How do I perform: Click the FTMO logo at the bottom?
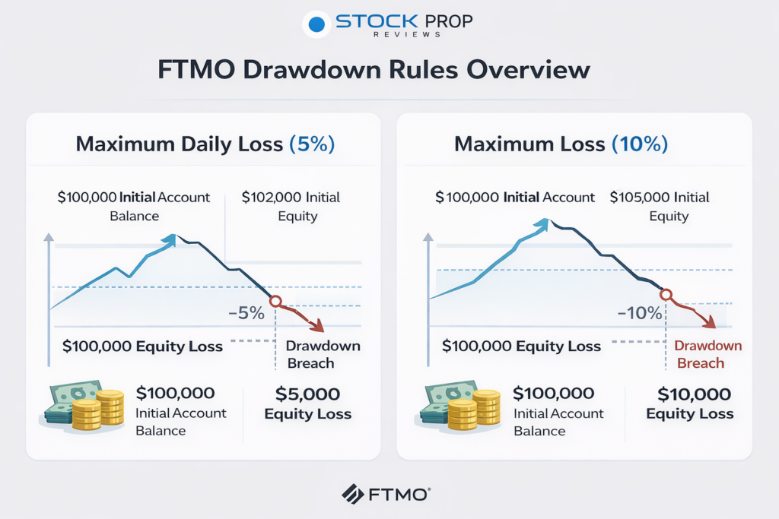386,494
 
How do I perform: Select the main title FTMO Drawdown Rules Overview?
374,70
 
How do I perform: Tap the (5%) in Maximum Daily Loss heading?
312,144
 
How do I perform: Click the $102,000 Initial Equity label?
291,207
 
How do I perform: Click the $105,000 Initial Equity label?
659,207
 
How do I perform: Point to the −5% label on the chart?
246,312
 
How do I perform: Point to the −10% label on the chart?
638,312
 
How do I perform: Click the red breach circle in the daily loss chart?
275,301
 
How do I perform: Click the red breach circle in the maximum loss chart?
666,295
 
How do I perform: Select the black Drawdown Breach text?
323,355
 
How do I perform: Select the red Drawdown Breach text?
708,355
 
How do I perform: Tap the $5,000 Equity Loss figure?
307,403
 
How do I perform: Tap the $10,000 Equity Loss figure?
690,403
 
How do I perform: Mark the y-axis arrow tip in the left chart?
49,238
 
